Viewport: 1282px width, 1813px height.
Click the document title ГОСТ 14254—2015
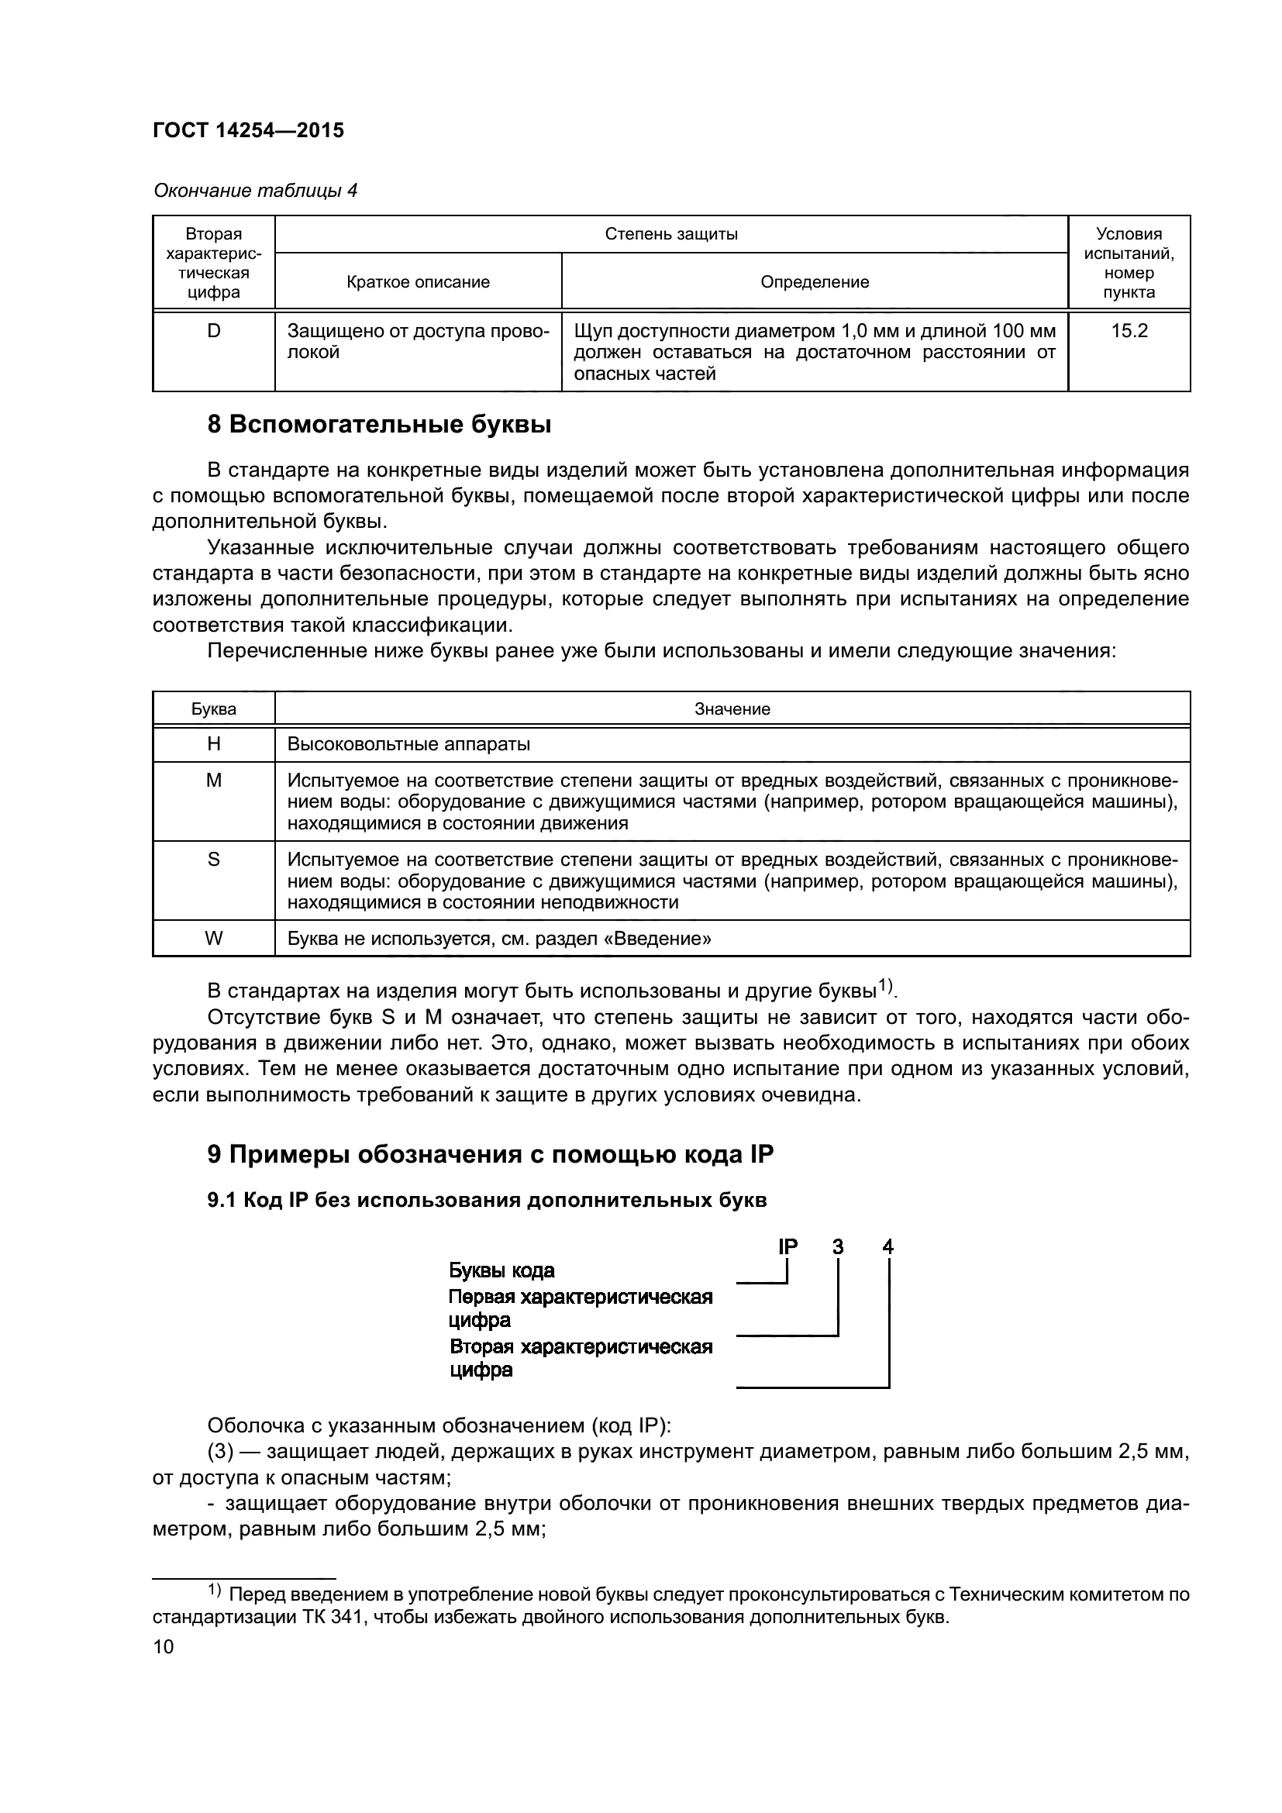(248, 131)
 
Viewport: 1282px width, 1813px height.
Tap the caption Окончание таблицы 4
(255, 191)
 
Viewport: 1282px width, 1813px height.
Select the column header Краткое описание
(418, 282)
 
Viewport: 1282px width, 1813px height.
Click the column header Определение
(814, 282)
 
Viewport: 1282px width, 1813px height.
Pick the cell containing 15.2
(1129, 332)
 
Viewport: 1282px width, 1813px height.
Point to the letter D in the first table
(213, 332)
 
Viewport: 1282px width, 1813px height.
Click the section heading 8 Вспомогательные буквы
(379, 425)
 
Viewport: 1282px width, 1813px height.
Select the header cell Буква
(213, 709)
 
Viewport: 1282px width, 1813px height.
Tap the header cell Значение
(732, 709)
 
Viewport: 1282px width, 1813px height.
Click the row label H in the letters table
(213, 744)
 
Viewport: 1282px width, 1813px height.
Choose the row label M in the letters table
(213, 781)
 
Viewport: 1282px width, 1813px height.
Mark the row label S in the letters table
(213, 859)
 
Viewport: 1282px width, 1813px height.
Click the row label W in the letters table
(213, 938)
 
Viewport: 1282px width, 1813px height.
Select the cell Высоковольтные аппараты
(408, 744)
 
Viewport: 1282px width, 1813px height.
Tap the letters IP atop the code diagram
(787, 1247)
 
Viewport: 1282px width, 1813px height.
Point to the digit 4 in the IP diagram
(888, 1247)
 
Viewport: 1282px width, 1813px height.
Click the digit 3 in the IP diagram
(838, 1247)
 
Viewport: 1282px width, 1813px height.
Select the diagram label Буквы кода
(501, 1270)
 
